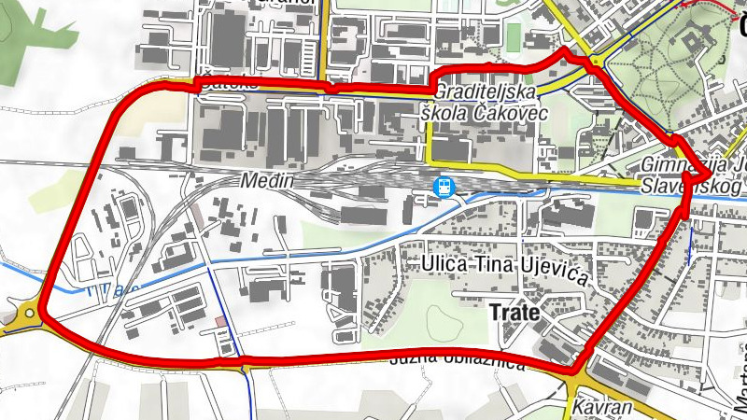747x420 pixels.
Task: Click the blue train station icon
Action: [x=444, y=185]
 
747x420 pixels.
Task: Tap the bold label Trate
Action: [x=514, y=313]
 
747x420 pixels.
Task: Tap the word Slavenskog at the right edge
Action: [x=692, y=187]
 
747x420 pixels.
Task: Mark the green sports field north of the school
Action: [x=513, y=36]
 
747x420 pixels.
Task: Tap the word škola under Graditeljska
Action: [x=444, y=113]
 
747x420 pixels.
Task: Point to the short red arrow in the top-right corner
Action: [x=709, y=5]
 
